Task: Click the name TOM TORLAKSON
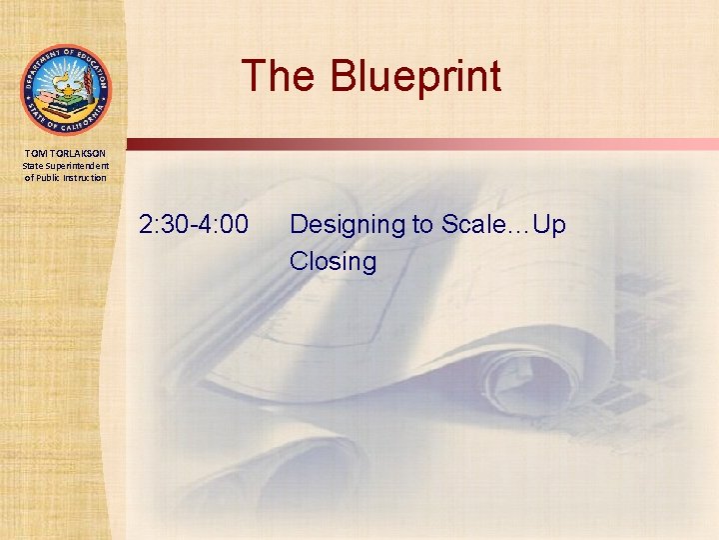click(x=65, y=152)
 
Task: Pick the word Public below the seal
click(x=51, y=178)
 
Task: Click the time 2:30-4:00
click(x=195, y=225)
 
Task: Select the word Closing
click(x=333, y=262)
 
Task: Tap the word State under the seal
click(x=34, y=165)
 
